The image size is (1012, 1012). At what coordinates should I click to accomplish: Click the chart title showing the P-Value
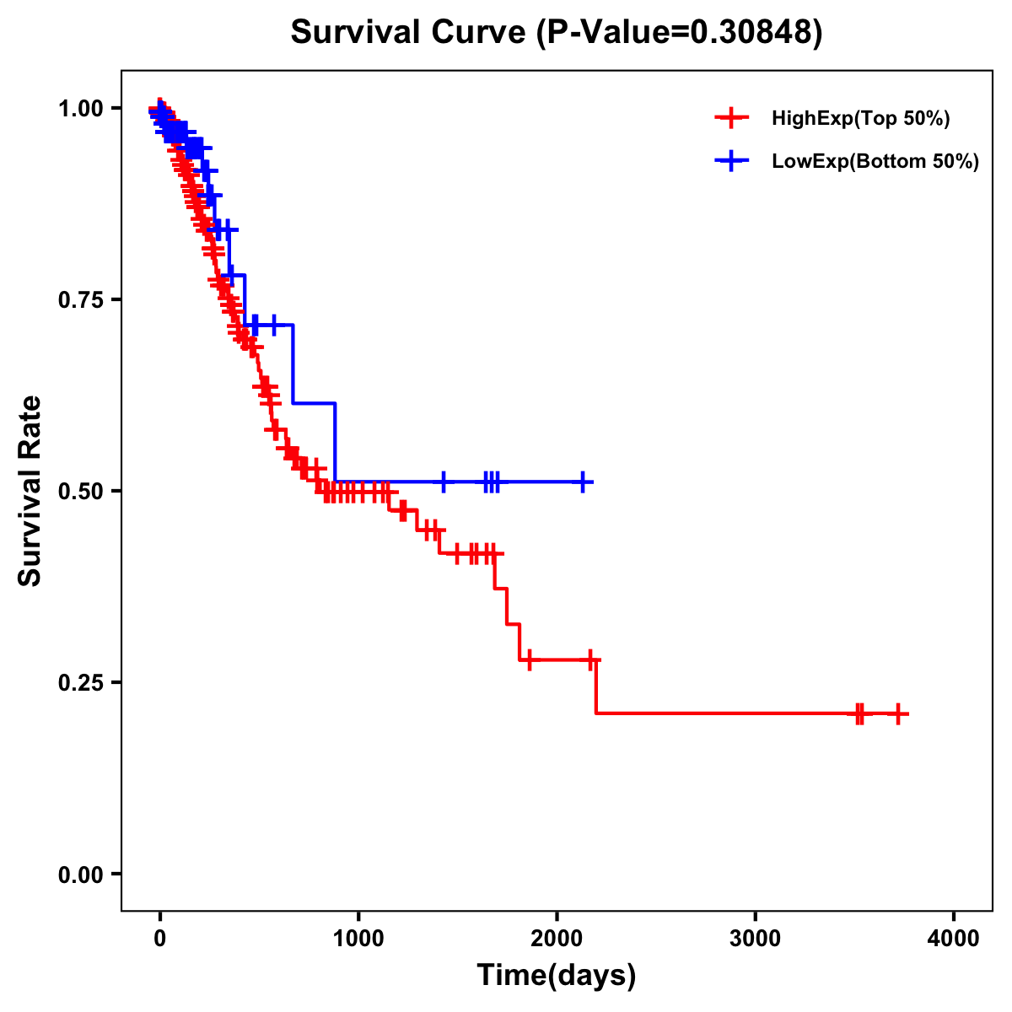[556, 32]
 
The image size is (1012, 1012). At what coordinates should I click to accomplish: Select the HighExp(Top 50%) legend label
[860, 119]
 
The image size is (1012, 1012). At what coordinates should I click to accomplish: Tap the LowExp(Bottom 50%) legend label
[875, 162]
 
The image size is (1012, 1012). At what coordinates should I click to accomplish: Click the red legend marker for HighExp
[731, 119]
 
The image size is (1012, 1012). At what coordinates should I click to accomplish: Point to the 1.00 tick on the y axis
[81, 108]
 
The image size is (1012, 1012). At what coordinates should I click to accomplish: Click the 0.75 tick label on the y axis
[81, 299]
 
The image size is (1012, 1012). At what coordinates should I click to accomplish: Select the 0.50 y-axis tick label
[81, 491]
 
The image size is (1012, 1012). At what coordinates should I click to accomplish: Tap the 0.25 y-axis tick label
[81, 682]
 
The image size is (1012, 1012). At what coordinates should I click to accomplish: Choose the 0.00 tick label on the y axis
[81, 875]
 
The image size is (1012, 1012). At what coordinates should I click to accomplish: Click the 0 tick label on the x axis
[159, 939]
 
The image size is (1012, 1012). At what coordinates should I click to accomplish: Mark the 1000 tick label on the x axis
[358, 939]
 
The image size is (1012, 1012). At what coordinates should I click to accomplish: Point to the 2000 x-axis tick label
[557, 939]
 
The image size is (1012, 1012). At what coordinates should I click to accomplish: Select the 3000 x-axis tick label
[755, 939]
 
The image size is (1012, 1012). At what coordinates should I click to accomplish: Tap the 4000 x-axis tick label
[954, 939]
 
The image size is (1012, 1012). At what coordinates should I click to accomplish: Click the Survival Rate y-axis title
[30, 490]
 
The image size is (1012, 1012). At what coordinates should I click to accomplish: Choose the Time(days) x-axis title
[556, 976]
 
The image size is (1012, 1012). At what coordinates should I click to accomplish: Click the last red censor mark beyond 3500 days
[898, 713]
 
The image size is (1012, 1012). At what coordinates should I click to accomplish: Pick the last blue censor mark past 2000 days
[582, 482]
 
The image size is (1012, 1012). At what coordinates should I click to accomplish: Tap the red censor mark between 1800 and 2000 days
[529, 659]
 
